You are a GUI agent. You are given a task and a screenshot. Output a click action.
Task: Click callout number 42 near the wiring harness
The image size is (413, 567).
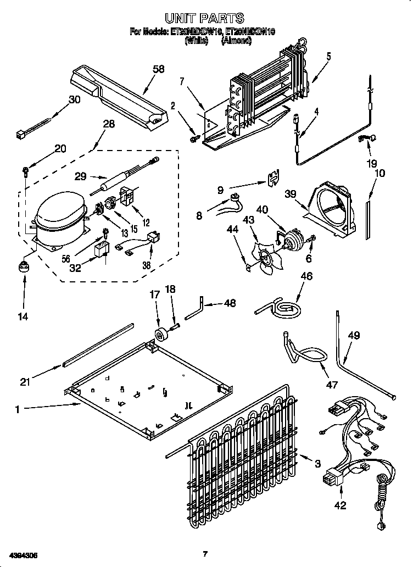(x=341, y=505)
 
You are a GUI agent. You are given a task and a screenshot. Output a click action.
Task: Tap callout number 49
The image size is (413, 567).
(x=354, y=335)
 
